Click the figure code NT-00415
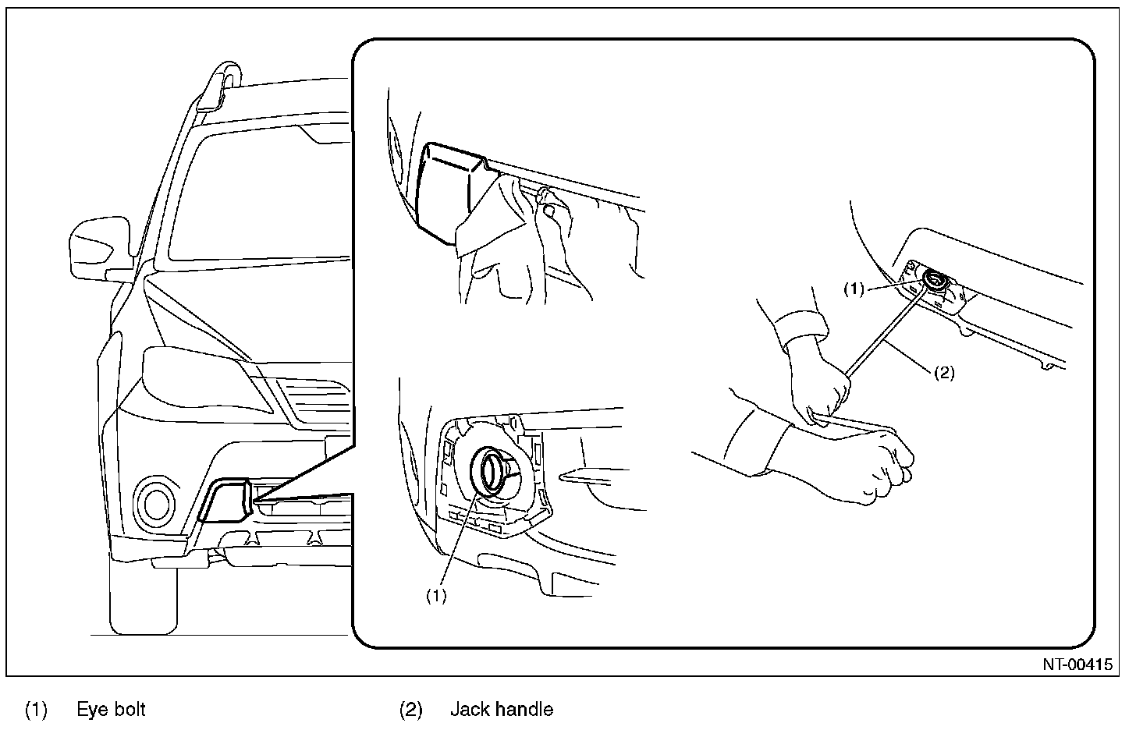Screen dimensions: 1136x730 tap(1077, 665)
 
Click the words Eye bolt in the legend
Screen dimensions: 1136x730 tap(111, 710)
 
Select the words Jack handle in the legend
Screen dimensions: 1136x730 tap(501, 710)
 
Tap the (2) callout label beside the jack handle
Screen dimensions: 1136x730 tap(944, 373)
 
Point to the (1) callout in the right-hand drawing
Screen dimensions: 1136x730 tap(855, 289)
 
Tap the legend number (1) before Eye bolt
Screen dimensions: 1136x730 tap(37, 710)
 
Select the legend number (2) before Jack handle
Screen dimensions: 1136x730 tap(411, 710)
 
